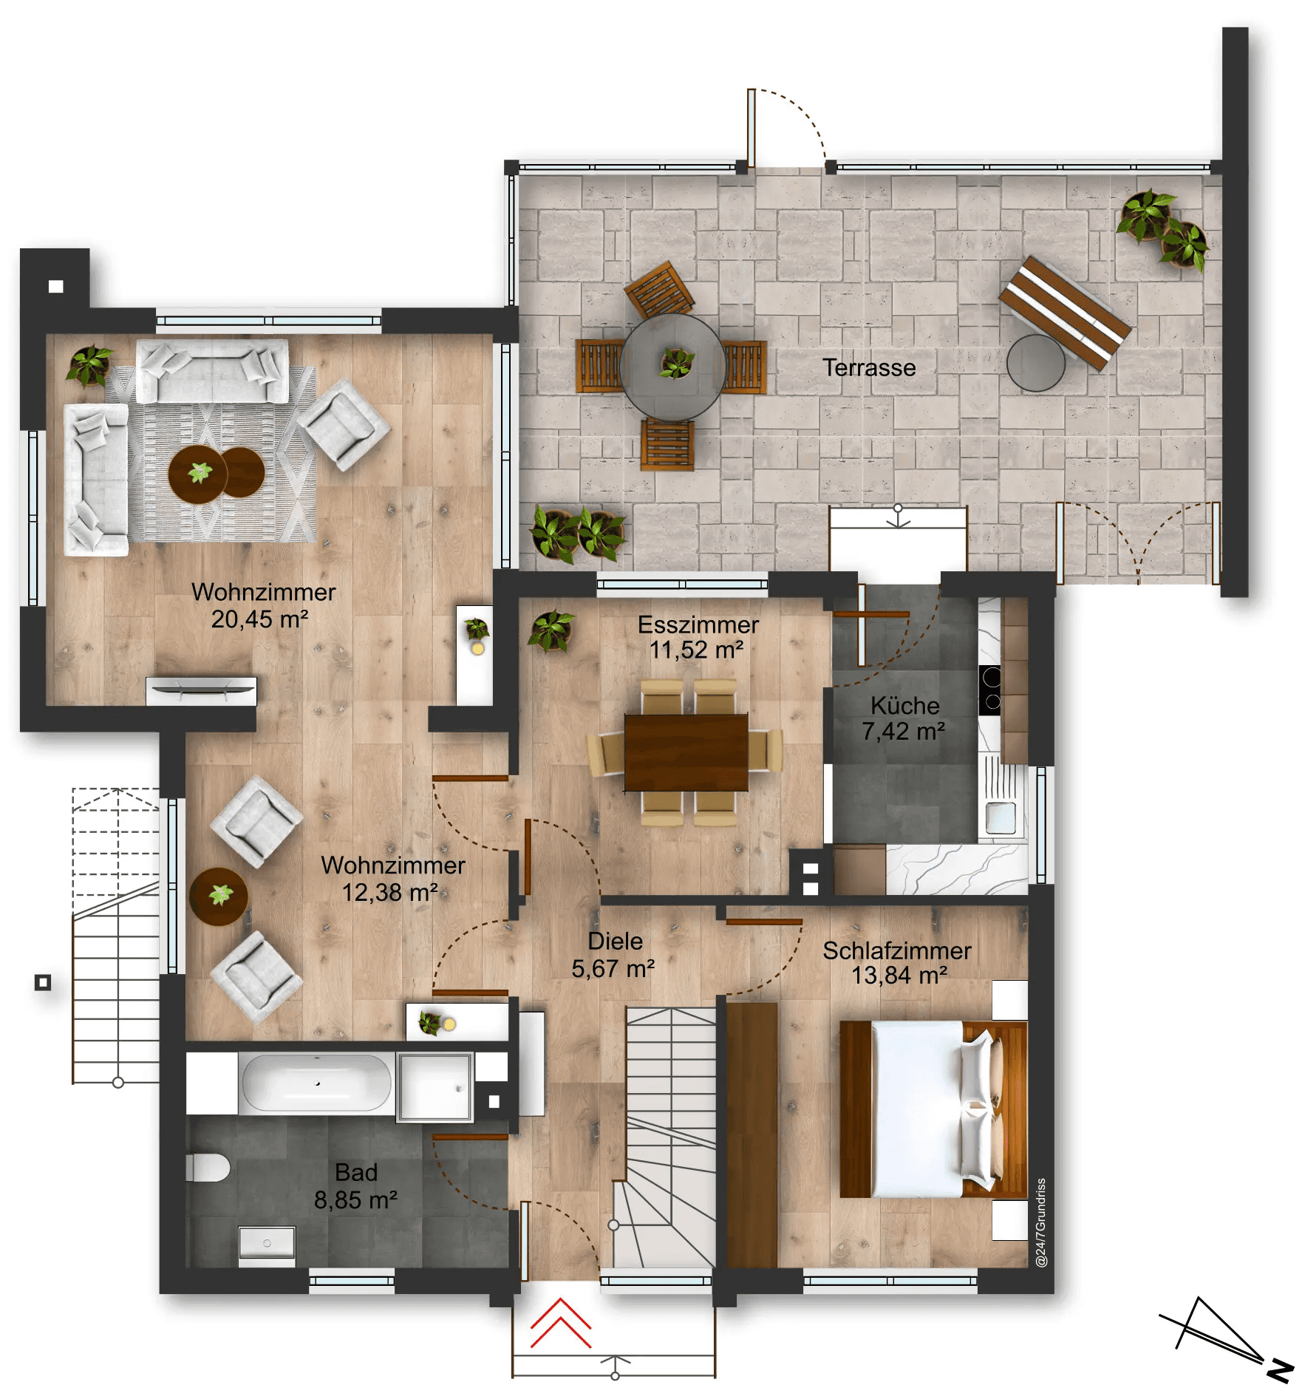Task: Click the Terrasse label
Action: (x=868, y=367)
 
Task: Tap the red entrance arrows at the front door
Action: (x=560, y=1323)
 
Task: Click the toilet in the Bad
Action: (x=209, y=1168)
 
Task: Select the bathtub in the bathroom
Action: (x=316, y=1083)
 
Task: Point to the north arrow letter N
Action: (x=1280, y=1372)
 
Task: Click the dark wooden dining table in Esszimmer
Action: (x=686, y=752)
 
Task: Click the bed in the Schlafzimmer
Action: (x=933, y=1109)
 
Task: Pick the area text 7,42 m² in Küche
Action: (x=903, y=732)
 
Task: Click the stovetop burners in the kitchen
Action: (x=990, y=690)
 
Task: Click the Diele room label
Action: (x=615, y=941)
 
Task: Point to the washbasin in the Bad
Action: (x=267, y=1242)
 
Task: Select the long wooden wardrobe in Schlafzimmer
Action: (x=752, y=1134)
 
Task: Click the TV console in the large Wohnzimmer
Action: (x=201, y=691)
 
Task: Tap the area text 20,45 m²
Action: (x=259, y=619)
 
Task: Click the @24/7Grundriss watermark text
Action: (x=1041, y=1223)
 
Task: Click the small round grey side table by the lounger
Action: (x=1035, y=363)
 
